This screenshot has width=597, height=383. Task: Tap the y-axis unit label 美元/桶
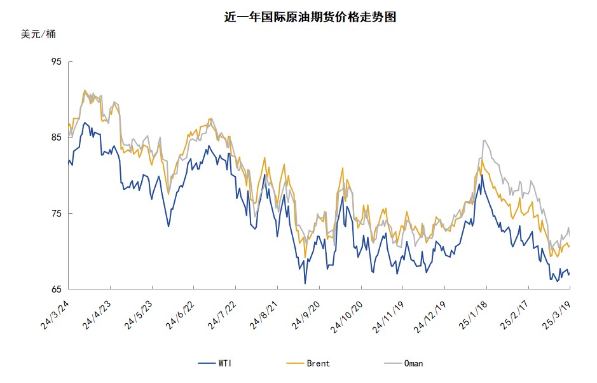[38, 34]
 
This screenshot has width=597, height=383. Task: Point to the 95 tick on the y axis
[57, 62]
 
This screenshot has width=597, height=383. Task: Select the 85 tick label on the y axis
[57, 137]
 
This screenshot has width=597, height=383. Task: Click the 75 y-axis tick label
[57, 214]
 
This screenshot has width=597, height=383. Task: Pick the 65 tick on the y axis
[57, 289]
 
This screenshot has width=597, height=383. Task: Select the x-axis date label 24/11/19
[387, 315]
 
